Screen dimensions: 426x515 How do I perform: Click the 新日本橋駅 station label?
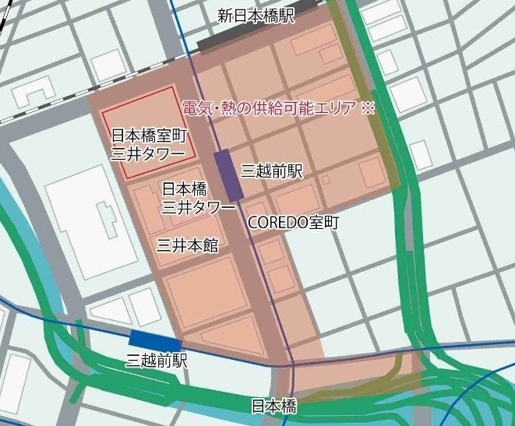coord(256,16)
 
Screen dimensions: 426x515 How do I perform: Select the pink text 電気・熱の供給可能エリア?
coord(269,108)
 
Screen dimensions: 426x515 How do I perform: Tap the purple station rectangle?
coord(228,174)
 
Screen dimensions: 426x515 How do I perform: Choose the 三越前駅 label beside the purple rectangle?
coord(271,171)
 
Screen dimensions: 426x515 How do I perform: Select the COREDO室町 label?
coord(294,222)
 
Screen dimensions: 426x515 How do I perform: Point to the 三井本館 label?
coord(187,246)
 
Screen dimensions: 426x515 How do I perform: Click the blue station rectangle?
coord(155,340)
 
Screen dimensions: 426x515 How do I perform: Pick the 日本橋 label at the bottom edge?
coord(273,406)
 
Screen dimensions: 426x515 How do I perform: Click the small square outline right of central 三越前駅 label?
coord(325,179)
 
